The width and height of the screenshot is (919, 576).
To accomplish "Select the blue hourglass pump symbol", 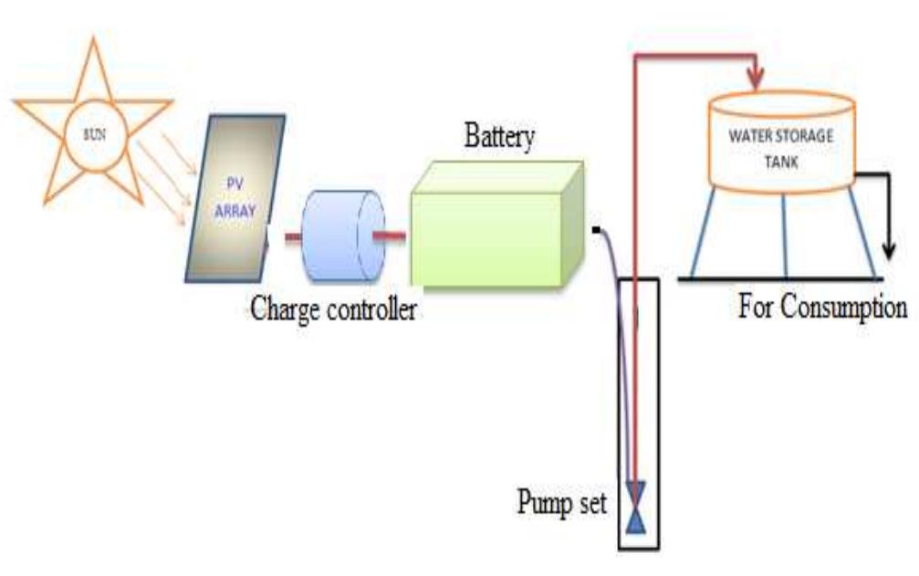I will [636, 508].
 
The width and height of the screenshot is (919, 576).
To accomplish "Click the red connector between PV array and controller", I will [293, 237].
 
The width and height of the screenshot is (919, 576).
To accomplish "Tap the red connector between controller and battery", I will [391, 237].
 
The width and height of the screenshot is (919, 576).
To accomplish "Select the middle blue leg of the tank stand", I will [784, 232].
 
